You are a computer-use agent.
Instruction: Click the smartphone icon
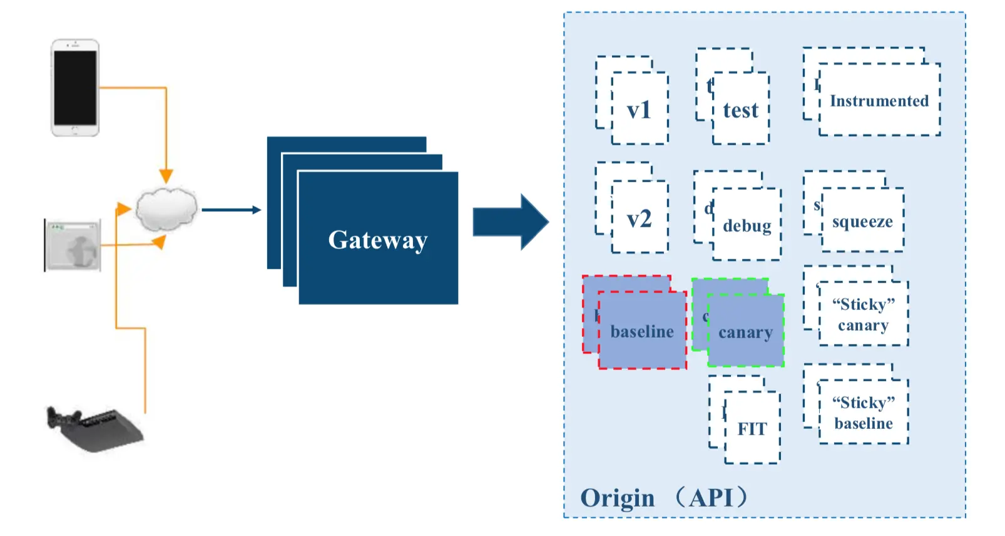point(75,88)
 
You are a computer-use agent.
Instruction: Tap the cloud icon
point(166,209)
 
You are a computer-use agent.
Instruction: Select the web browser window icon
point(73,245)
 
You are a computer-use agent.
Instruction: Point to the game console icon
point(94,428)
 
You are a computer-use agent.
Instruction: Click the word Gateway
point(378,240)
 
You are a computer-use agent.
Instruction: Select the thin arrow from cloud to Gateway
point(230,210)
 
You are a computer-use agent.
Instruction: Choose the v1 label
point(639,110)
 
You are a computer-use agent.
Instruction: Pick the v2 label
point(639,219)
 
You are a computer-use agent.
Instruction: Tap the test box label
point(740,111)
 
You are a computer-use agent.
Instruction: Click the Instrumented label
point(879,101)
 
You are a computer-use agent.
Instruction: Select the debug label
point(747,225)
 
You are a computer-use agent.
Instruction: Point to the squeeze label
point(862,222)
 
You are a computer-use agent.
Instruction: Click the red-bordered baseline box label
point(642,331)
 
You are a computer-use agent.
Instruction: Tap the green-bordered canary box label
point(745,332)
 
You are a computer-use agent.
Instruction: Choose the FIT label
point(752,429)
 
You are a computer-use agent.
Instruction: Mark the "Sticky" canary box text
point(863,314)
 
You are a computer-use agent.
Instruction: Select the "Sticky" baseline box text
point(863,413)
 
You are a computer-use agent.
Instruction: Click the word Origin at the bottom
point(617,498)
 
